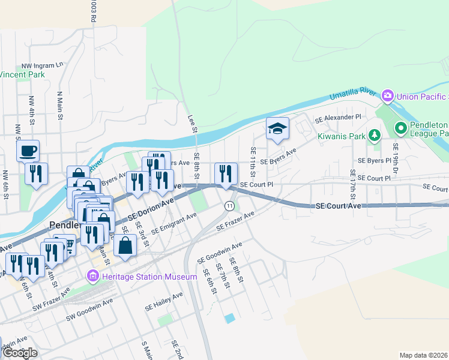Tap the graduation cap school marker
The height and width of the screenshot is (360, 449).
(278, 128)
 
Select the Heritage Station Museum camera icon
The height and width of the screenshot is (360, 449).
(93, 277)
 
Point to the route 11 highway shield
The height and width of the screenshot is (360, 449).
(229, 206)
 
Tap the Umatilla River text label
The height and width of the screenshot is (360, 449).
(352, 94)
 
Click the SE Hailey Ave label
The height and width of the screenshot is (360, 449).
(164, 302)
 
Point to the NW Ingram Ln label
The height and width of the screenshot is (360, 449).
(42, 65)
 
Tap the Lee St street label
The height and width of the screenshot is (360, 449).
(191, 124)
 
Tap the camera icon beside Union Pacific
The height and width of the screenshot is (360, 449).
(388, 95)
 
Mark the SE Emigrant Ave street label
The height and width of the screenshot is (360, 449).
(174, 223)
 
